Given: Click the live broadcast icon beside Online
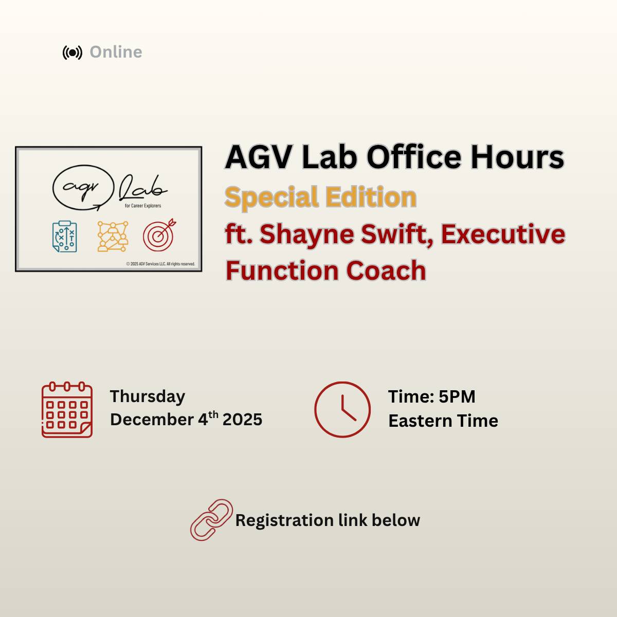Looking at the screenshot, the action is tap(72, 52).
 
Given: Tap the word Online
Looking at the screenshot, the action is tap(116, 52).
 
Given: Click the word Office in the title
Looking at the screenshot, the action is tap(414, 157).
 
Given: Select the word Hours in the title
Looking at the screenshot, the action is tap(517, 157).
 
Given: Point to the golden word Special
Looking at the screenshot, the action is tap(272, 198).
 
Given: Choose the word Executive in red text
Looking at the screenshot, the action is tap(503, 234).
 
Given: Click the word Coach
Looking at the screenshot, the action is tap(386, 271).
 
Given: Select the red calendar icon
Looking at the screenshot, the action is tap(67, 409).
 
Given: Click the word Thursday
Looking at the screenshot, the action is tap(148, 397).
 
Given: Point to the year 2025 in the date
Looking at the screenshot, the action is tap(242, 420).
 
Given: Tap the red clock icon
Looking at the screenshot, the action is tap(342, 409).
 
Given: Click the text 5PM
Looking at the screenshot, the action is tap(457, 397).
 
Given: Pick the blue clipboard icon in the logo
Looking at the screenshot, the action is tap(65, 237).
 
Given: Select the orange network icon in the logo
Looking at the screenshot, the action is tap(113, 237).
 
